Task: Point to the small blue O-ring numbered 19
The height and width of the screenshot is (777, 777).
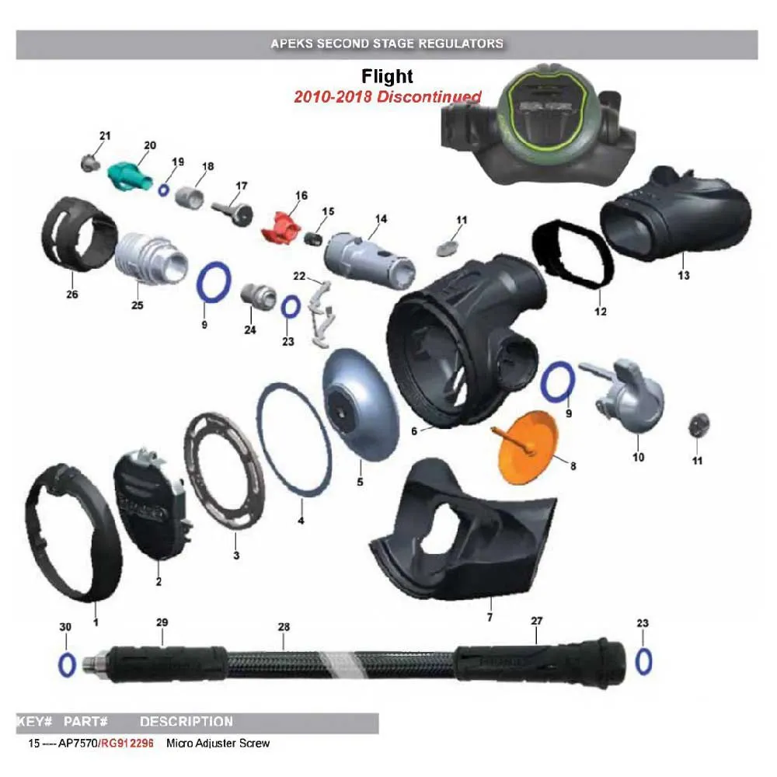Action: pos(163,190)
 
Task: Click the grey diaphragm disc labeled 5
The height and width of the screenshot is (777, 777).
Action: pos(360,405)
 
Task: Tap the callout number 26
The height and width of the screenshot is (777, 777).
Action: pos(72,294)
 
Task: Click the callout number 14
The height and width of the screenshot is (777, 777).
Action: pos(381,219)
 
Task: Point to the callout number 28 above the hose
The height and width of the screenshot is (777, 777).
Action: pos(284,627)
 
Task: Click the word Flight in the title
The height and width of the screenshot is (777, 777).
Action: pos(387,76)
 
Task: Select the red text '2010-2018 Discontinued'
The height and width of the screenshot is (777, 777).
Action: pos(388,96)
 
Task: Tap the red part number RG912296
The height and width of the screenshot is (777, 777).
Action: pos(128,744)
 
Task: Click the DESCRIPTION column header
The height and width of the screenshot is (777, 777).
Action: pos(186,722)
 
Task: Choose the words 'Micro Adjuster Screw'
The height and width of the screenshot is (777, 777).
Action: pos(218,744)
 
